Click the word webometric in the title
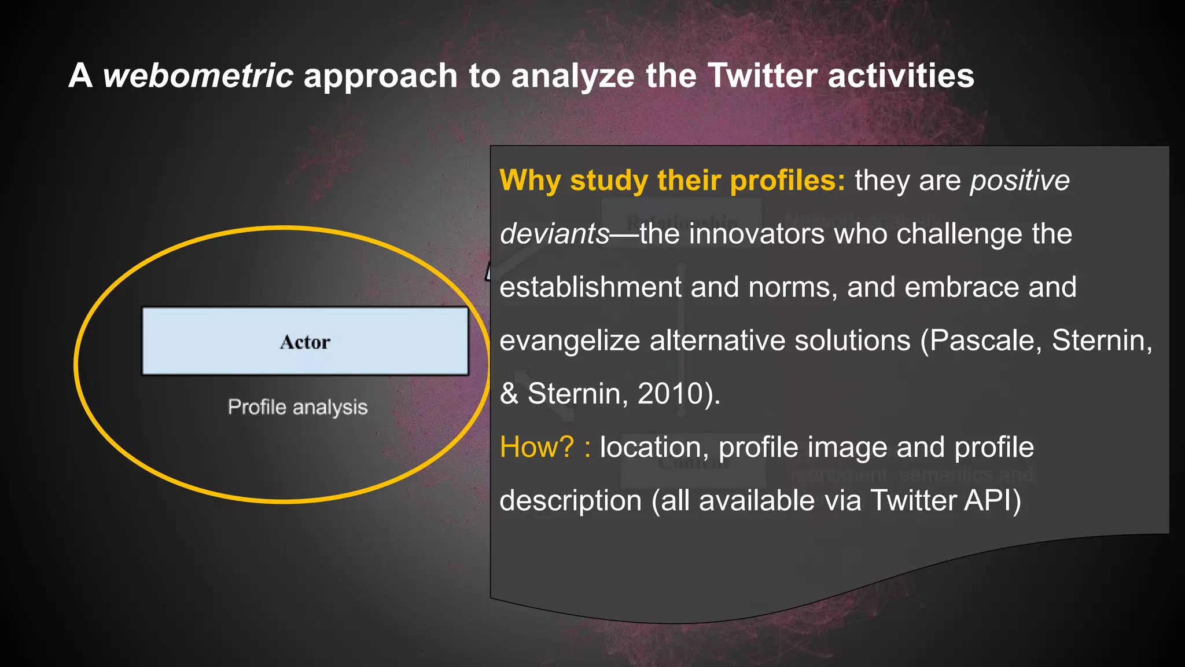198,76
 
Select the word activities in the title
901,76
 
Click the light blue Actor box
305,342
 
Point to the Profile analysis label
297,407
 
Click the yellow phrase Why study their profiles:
672,180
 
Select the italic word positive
1020,180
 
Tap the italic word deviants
554,234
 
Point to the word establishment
590,287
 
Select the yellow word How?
536,447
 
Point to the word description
571,500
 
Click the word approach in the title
381,76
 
